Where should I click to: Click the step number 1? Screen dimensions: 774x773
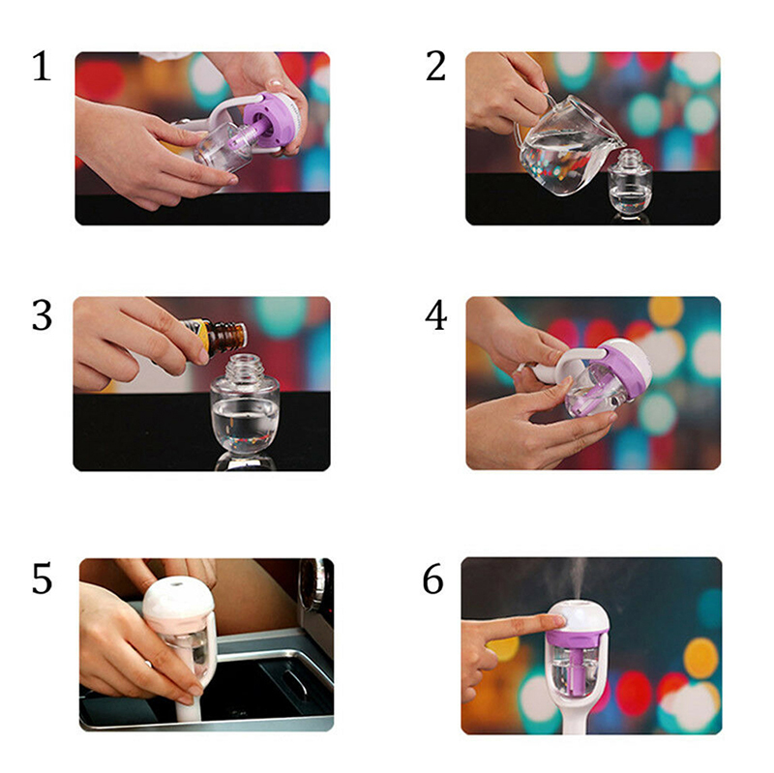pyautogui.click(x=42, y=66)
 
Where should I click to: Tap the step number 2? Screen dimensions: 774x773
pyautogui.click(x=435, y=66)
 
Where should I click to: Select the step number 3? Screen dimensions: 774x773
pyautogui.click(x=42, y=315)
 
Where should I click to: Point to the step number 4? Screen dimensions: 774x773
pyautogui.click(x=436, y=315)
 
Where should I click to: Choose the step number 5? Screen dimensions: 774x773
pyautogui.click(x=42, y=578)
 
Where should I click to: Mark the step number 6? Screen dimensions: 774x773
pyautogui.click(x=432, y=578)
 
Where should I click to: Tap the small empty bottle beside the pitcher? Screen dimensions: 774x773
pyautogui.click(x=630, y=182)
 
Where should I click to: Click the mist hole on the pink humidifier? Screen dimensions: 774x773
pyautogui.click(x=175, y=584)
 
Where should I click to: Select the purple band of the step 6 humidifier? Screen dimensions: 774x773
pyautogui.click(x=579, y=637)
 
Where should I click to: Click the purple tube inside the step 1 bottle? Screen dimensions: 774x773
pyautogui.click(x=251, y=135)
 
